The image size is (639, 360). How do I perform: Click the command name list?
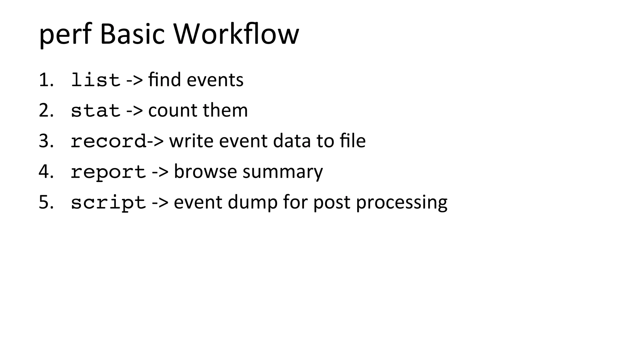pos(95,80)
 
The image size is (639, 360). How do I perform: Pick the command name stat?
pos(95,111)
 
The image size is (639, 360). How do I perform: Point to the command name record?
pos(108,141)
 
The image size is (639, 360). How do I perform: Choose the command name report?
pos(108,172)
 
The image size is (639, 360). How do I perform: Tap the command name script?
pos(108,203)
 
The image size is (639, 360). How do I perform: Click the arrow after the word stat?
pos(134,111)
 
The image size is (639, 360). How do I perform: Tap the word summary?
pos(282,172)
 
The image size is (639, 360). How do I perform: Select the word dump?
pos(252,203)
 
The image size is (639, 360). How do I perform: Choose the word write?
pos(191,141)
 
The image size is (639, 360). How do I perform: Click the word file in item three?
pos(353,141)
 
